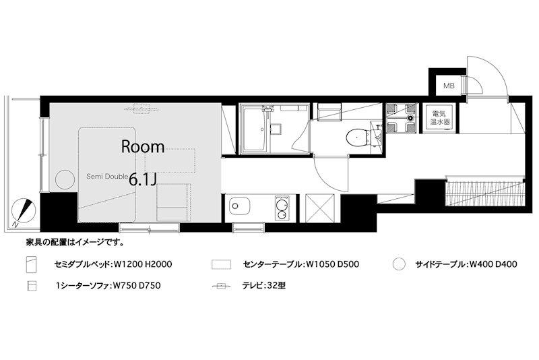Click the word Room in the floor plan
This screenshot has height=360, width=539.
(143, 147)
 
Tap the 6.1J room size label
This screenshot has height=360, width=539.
(143, 179)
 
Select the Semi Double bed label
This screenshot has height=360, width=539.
(107, 177)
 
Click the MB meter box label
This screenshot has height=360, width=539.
(449, 86)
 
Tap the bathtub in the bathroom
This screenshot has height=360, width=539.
(255, 129)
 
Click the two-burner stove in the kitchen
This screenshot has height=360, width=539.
(282, 208)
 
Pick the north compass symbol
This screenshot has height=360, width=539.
(23, 212)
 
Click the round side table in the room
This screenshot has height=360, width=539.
(65, 179)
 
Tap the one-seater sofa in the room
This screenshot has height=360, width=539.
(174, 202)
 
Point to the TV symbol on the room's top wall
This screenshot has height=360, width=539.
(141, 109)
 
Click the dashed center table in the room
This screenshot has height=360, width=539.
(170, 160)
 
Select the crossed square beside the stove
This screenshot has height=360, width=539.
(319, 208)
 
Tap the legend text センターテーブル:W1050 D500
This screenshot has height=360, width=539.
(301, 264)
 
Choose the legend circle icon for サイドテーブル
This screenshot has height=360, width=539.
(399, 264)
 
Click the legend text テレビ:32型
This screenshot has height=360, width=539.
(264, 285)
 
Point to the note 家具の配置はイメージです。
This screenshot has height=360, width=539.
(75, 243)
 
